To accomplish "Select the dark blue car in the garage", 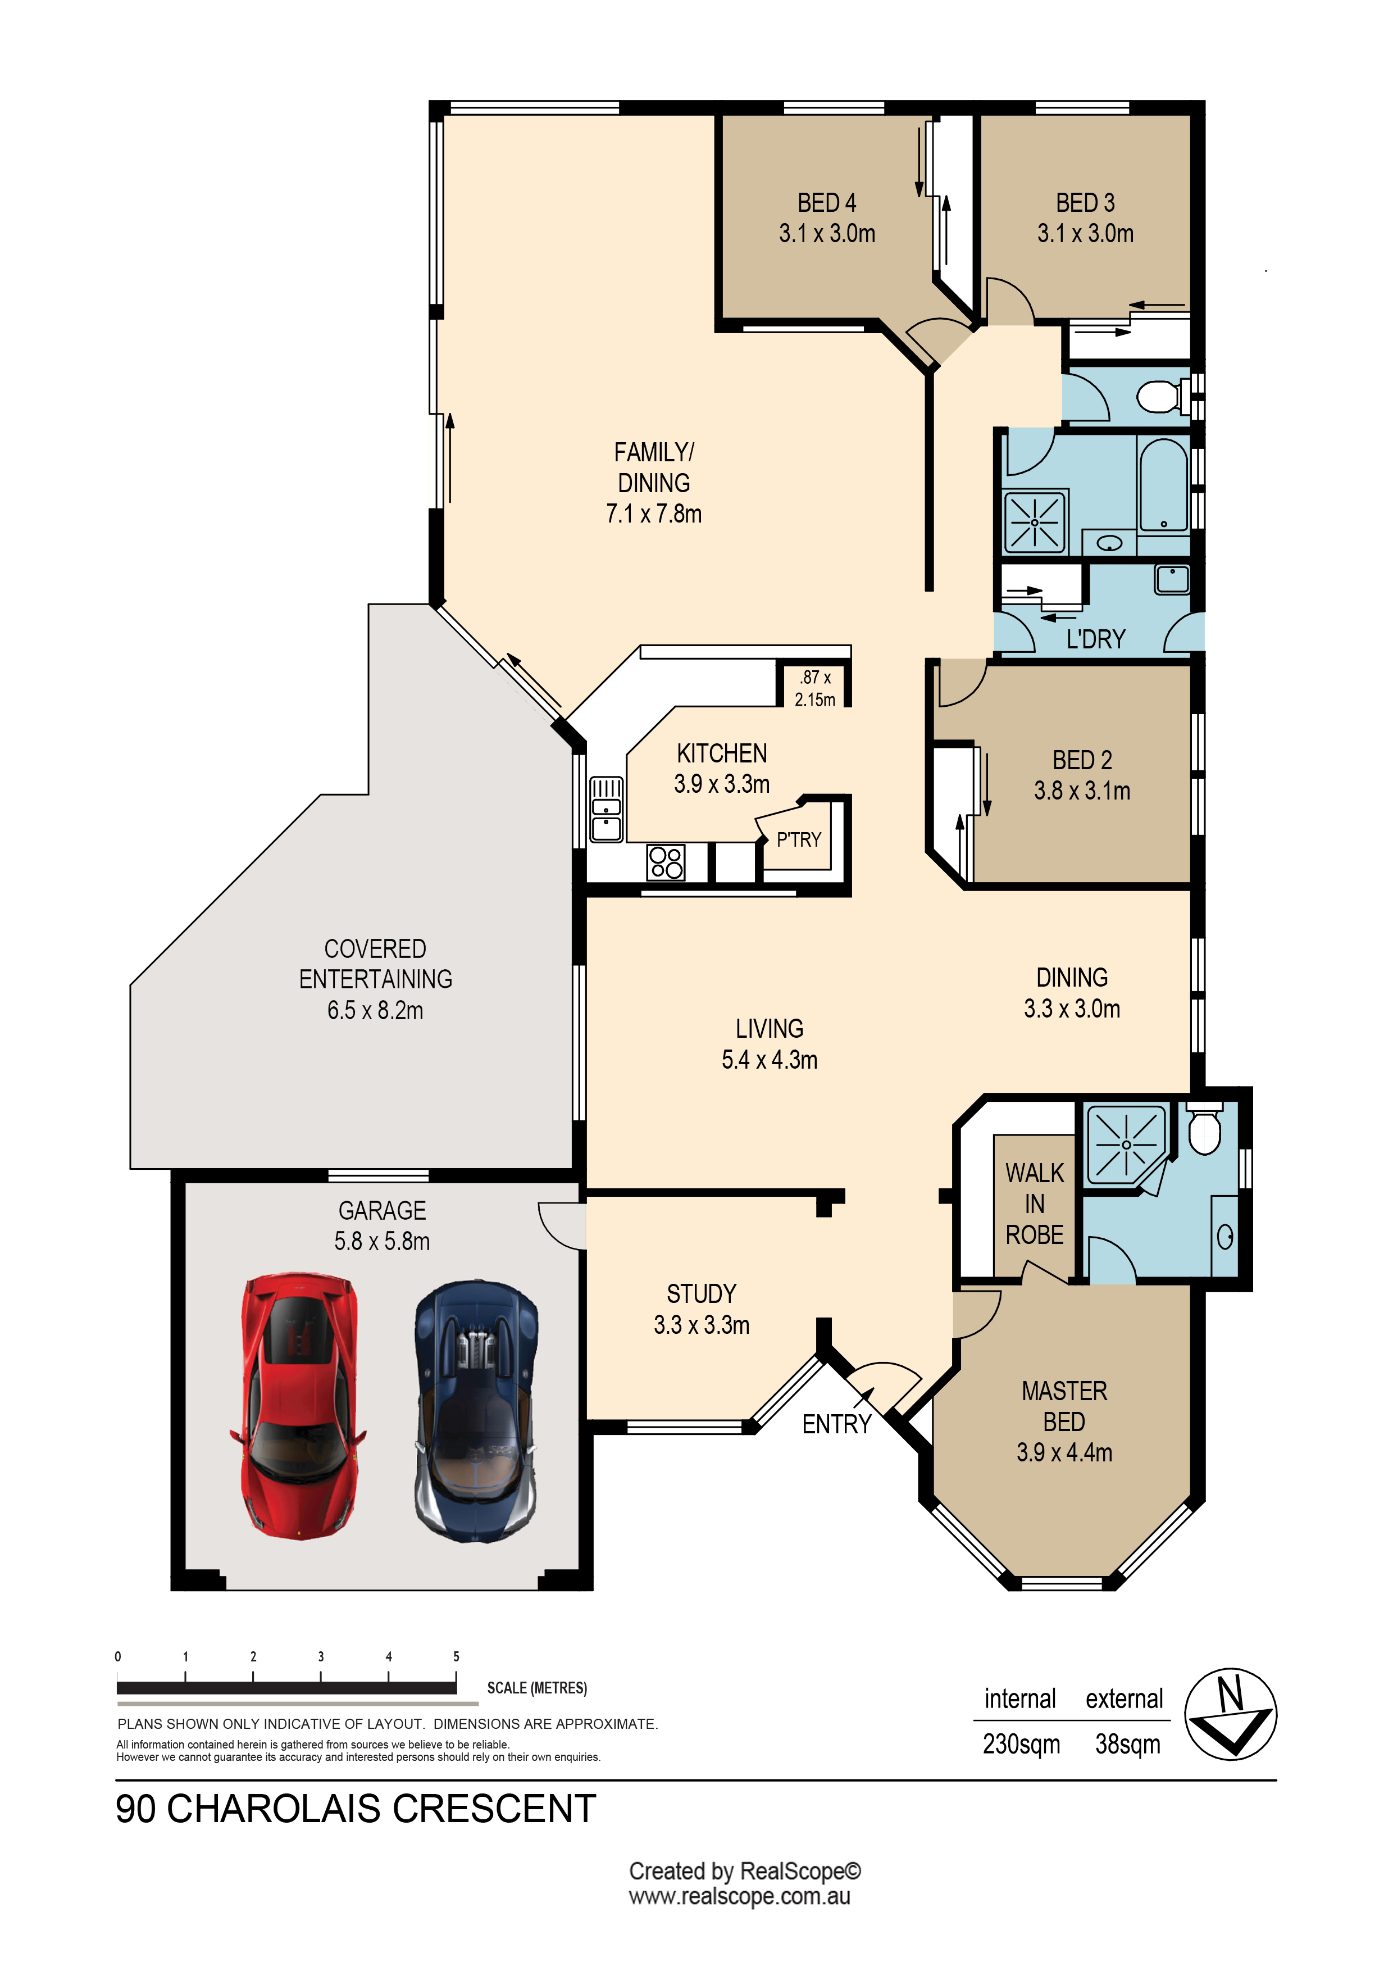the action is coord(476,1411).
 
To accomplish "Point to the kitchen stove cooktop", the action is coord(666,862).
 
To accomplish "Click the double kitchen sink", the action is coord(606,809).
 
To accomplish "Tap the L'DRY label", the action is coord(1095,639).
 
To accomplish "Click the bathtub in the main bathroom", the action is coord(1164,486).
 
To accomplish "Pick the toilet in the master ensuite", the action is coord(1205,1128).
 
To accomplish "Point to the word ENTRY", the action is coord(837,1424).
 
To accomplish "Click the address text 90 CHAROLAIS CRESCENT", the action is coord(356,1809).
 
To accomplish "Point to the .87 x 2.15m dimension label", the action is coord(814,688).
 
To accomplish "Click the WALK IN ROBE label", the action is coord(1034,1204).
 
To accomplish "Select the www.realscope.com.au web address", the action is coord(739,1896).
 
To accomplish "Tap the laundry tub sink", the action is coord(1172,579).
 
